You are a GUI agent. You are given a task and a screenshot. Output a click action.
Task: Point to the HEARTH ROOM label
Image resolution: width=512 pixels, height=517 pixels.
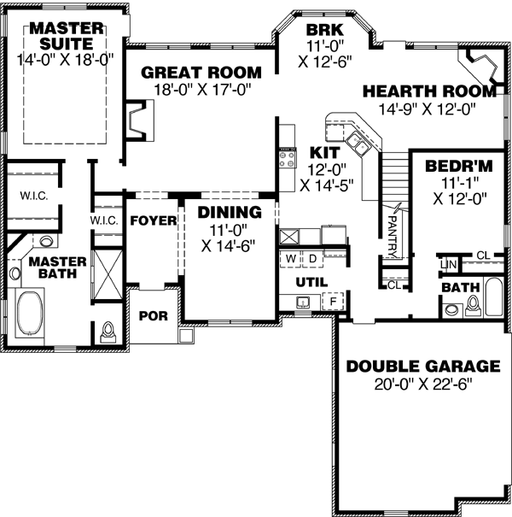tap(428, 91)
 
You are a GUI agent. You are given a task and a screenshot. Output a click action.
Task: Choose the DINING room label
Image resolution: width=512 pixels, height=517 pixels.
tap(229, 213)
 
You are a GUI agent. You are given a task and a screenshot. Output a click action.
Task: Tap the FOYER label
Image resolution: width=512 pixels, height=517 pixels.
tap(153, 220)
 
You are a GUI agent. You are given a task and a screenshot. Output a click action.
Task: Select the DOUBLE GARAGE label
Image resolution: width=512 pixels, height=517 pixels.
tap(422, 367)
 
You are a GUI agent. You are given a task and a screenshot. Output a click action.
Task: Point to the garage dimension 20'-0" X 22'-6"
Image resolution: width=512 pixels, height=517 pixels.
tap(422, 383)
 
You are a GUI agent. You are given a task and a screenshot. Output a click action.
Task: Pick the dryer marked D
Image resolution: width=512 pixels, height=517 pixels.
tap(312, 257)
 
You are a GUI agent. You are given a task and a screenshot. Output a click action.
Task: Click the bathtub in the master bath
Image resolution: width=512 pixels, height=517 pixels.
tap(32, 310)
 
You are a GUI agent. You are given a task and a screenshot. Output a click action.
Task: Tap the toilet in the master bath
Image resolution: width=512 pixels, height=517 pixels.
tap(108, 332)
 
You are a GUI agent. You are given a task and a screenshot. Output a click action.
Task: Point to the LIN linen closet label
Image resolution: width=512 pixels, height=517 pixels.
tap(447, 266)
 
